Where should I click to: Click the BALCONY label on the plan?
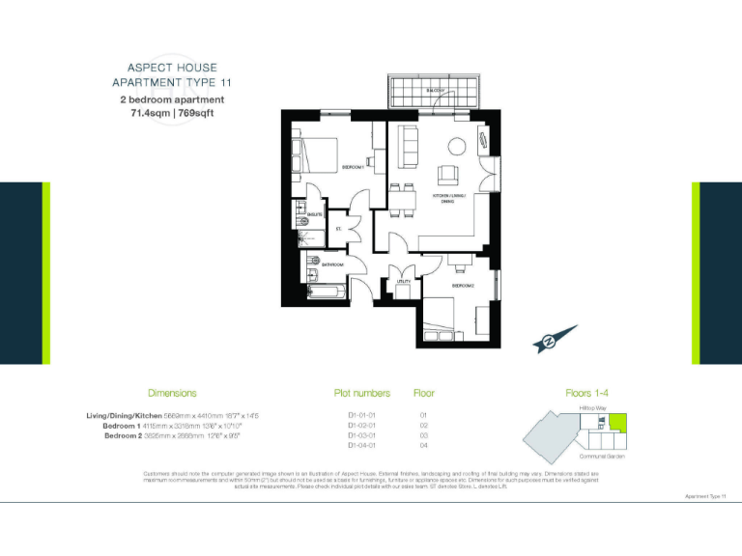click(x=434, y=91)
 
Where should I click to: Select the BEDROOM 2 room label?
click(x=463, y=286)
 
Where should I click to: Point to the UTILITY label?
click(x=404, y=281)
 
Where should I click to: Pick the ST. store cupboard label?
click(x=338, y=229)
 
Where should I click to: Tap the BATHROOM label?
click(x=332, y=264)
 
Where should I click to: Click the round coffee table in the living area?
click(x=455, y=148)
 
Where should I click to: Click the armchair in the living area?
click(x=448, y=176)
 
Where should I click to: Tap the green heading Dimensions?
click(x=172, y=393)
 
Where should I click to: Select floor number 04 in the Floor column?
click(x=423, y=446)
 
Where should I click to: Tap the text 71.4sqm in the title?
click(x=152, y=113)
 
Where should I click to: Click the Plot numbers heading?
click(x=362, y=393)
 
